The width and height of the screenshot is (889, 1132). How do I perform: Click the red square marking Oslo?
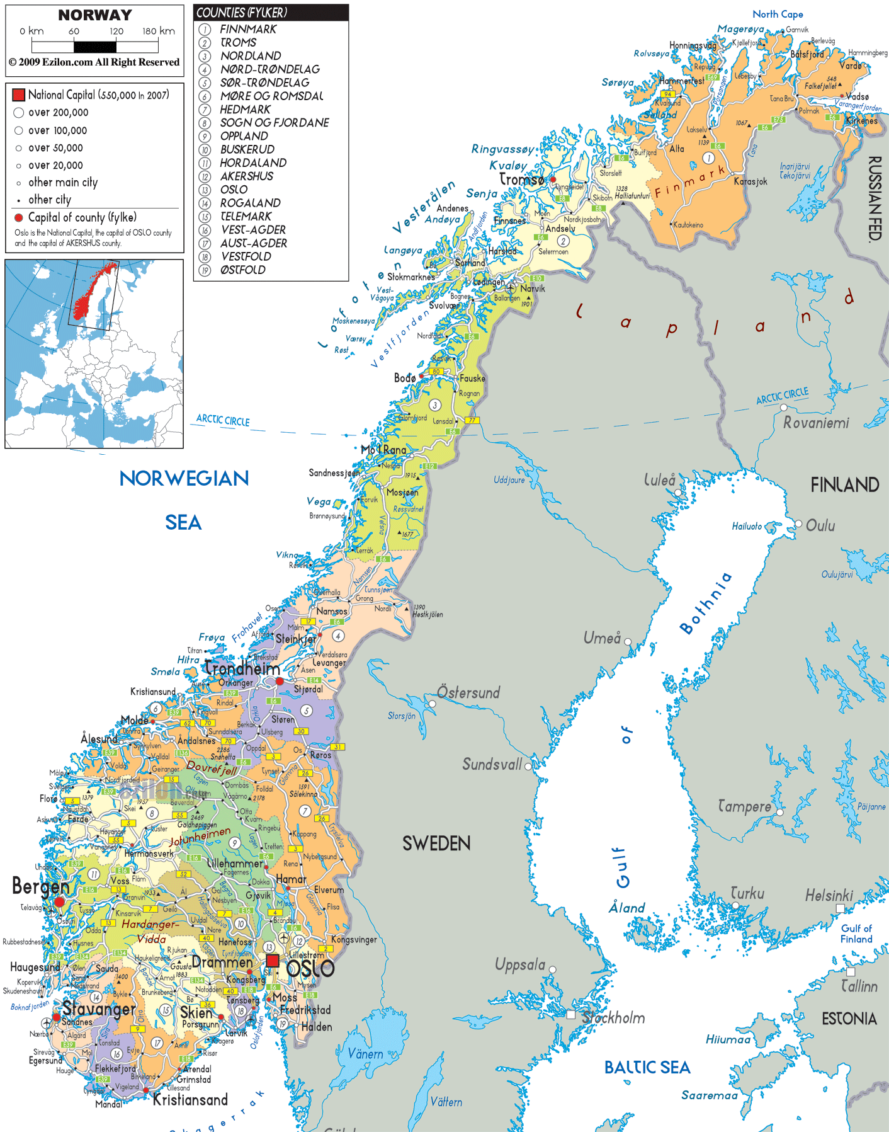click(272, 961)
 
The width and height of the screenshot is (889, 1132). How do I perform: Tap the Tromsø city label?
click(521, 180)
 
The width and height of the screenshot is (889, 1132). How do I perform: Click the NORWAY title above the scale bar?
click(95, 15)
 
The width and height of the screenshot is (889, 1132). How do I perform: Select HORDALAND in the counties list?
click(253, 163)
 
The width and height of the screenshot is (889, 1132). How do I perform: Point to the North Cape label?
click(778, 14)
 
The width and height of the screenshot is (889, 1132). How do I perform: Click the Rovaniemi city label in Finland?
click(816, 423)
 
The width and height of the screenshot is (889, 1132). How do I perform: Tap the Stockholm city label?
click(613, 1017)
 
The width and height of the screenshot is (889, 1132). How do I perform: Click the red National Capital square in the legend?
click(18, 95)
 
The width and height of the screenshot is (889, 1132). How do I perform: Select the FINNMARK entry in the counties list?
click(248, 29)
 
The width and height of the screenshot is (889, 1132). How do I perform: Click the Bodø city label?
click(405, 378)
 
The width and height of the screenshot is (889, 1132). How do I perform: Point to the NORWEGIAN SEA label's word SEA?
click(183, 522)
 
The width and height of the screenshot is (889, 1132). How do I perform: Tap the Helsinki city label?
click(829, 895)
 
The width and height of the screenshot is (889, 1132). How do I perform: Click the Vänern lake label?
click(365, 1054)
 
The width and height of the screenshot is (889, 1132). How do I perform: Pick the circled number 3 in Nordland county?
click(434, 405)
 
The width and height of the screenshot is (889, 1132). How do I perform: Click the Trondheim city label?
click(242, 668)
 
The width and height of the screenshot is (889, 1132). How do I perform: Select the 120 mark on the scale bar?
click(116, 31)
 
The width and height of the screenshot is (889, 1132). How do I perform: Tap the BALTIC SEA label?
click(647, 1067)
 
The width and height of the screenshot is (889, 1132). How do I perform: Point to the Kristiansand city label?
click(190, 1100)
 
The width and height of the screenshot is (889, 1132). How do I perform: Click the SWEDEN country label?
click(436, 843)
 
